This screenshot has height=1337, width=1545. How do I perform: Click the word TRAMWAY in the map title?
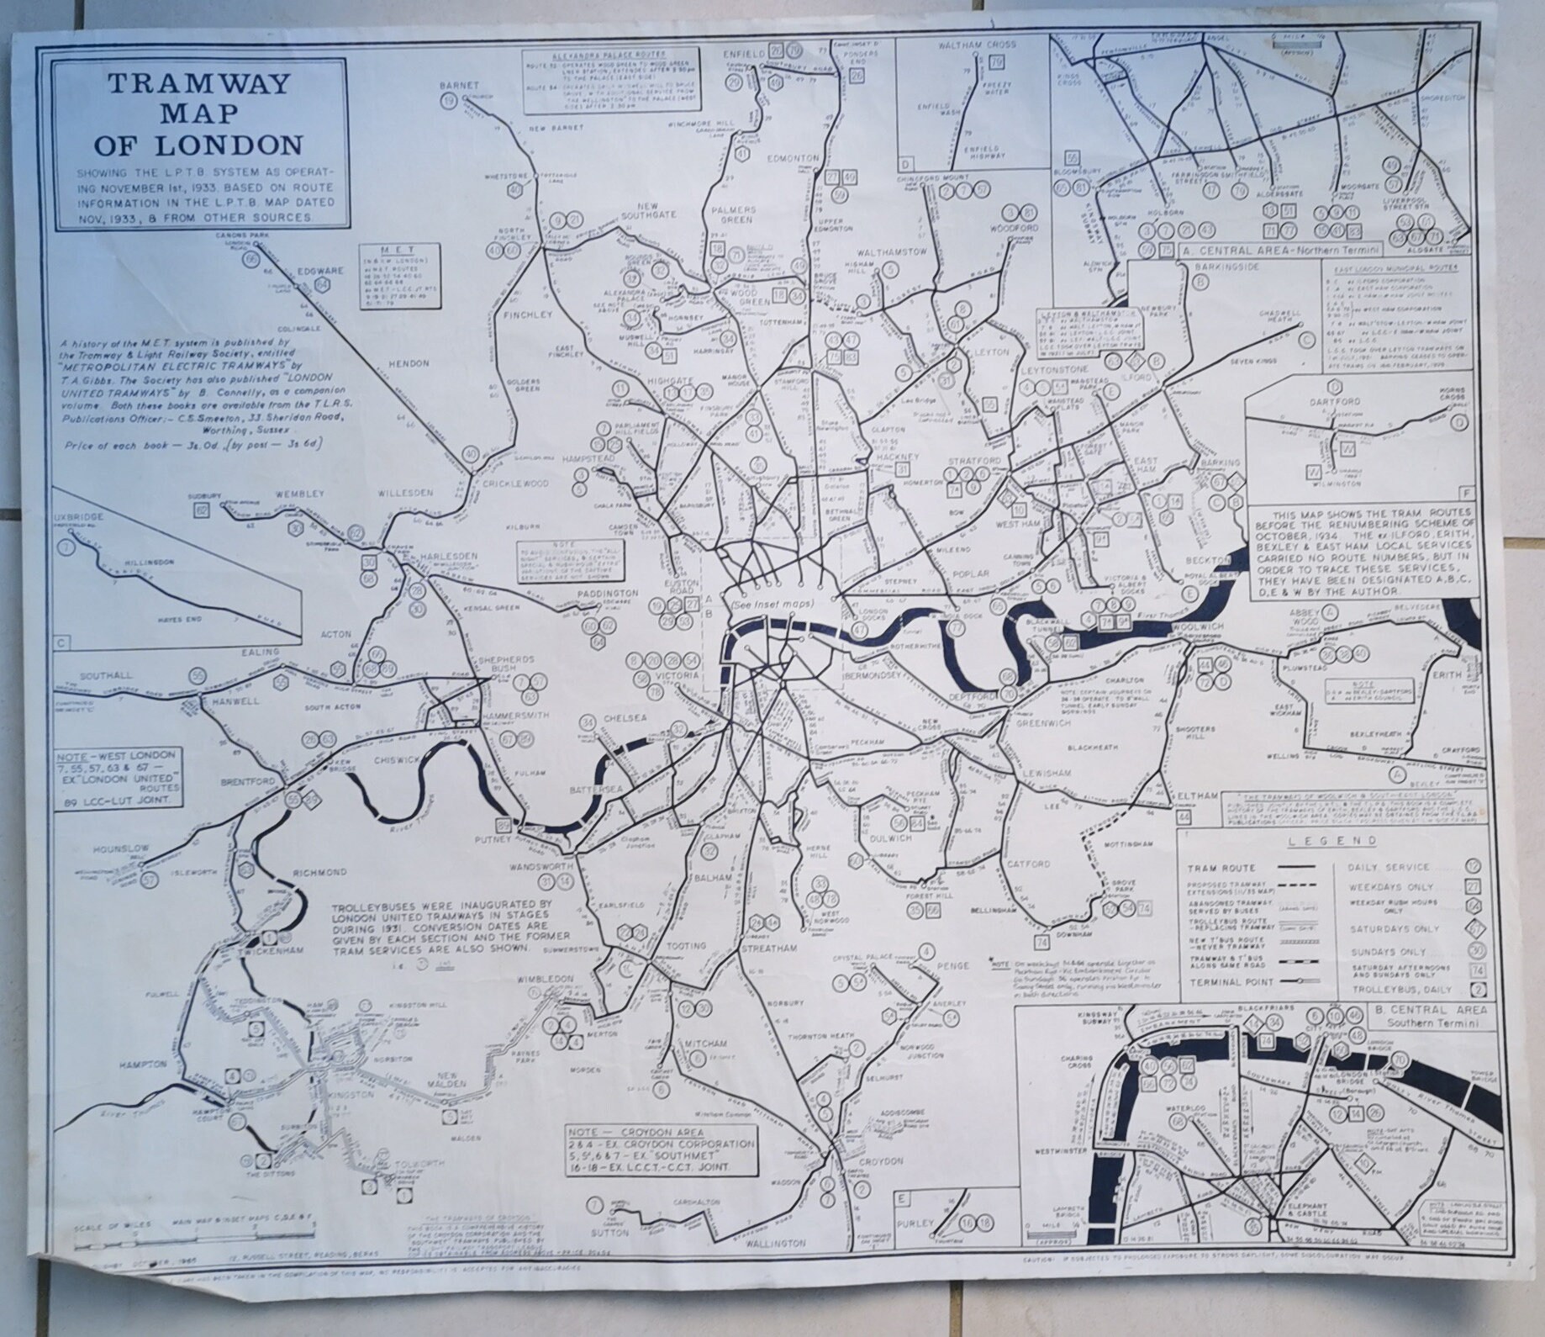coord(198,84)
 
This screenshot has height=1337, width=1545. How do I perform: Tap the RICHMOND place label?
coord(319,872)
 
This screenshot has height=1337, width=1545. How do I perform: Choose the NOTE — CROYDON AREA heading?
coord(635,1133)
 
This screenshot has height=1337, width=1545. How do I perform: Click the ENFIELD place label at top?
coord(745,53)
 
